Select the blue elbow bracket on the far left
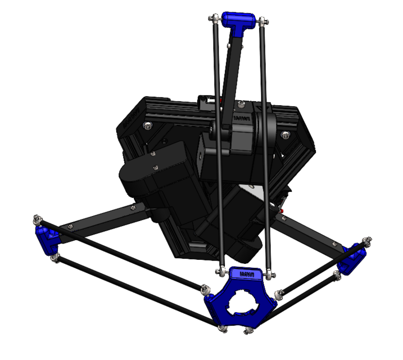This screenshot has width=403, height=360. (x=47, y=238)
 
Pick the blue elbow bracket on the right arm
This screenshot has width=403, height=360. (x=352, y=258)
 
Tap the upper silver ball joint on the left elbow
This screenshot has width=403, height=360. (x=37, y=218)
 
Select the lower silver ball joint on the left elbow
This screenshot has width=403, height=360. (x=54, y=258)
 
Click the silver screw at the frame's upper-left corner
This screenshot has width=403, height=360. (x=147, y=125)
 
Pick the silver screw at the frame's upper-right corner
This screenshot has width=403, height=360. (x=286, y=134)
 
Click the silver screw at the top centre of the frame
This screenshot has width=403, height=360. (x=241, y=105)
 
